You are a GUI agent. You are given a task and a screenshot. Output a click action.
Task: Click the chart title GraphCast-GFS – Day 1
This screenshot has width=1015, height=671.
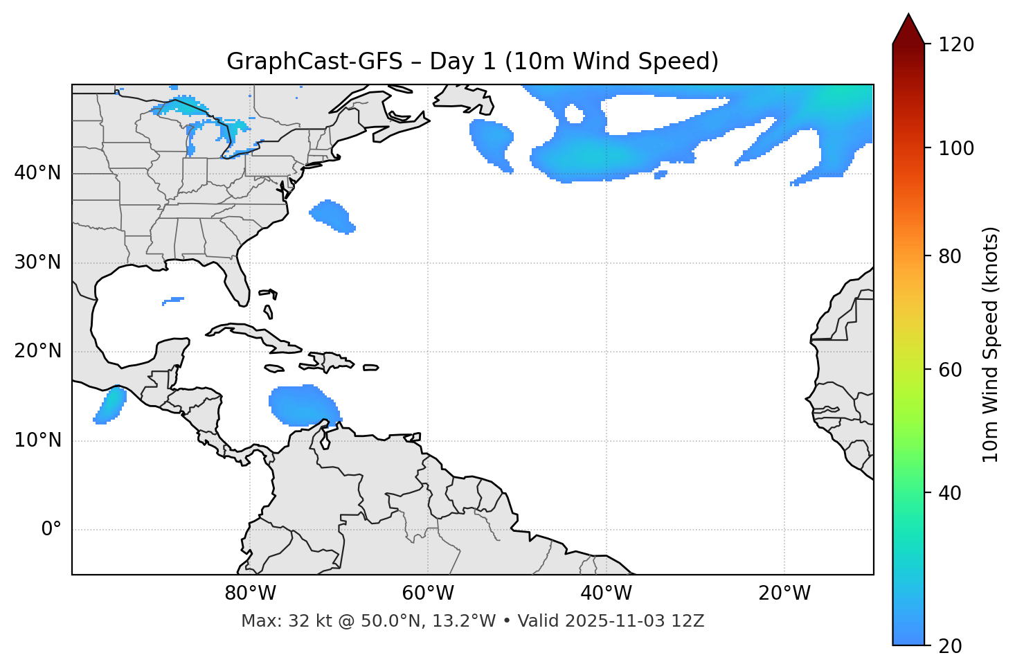tap(472, 62)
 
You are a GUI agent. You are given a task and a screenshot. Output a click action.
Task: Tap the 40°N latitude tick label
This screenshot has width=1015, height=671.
tap(37, 173)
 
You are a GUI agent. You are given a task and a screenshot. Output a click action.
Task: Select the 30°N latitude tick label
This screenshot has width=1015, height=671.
tap(37, 262)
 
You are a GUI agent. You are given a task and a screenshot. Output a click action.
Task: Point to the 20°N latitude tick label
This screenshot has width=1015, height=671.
tap(37, 351)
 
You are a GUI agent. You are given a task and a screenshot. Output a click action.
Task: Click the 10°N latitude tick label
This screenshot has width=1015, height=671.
tap(37, 440)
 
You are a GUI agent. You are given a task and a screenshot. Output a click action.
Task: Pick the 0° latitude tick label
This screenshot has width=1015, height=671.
tap(51, 530)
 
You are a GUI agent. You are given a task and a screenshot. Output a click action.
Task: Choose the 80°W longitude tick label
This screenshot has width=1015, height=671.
tap(250, 593)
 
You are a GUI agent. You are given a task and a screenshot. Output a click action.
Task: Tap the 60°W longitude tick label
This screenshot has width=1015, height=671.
tap(428, 593)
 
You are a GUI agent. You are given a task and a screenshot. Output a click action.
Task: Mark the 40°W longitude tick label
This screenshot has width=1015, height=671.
tap(606, 593)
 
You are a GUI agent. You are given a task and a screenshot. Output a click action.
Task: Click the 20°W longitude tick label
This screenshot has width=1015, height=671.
tap(784, 593)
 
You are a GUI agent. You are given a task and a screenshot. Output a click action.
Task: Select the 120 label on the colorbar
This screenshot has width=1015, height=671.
tap(956, 45)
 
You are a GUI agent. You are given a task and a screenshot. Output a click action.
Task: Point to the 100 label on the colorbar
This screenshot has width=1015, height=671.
tap(956, 148)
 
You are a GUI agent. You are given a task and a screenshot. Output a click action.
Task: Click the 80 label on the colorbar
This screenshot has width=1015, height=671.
tap(949, 256)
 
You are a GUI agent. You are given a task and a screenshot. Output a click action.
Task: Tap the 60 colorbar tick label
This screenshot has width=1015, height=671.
tap(949, 370)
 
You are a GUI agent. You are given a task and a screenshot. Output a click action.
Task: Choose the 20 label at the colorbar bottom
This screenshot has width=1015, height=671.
tap(949, 646)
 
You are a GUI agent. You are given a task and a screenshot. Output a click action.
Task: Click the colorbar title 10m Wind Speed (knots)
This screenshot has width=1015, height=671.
tap(991, 344)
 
